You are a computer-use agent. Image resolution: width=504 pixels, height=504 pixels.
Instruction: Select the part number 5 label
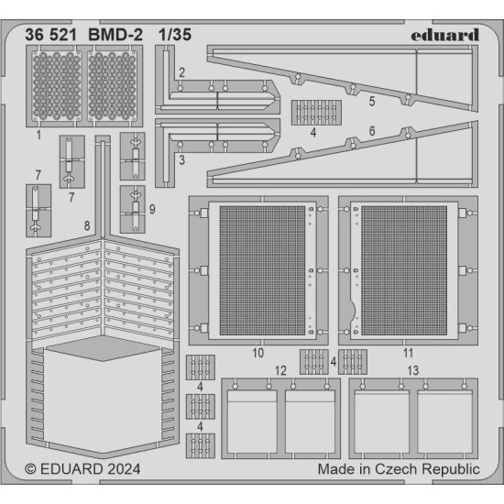click(x=371, y=103)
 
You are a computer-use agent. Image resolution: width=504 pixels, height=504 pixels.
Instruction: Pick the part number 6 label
click(x=371, y=131)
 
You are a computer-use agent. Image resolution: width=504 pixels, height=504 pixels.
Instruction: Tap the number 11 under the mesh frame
click(x=408, y=352)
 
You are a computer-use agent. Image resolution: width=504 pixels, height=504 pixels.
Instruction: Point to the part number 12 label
click(x=280, y=369)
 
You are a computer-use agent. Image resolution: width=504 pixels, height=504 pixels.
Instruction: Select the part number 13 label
click(x=413, y=369)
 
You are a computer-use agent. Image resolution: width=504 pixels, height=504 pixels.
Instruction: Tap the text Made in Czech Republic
click(x=398, y=469)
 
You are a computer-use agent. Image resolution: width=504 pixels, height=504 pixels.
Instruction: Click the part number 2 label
click(x=182, y=71)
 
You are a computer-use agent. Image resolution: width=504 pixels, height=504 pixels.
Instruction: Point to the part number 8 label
click(x=86, y=225)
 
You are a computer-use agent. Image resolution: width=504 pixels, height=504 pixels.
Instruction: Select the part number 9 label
click(x=152, y=209)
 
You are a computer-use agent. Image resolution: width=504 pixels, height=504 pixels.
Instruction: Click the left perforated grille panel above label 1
click(x=57, y=88)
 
